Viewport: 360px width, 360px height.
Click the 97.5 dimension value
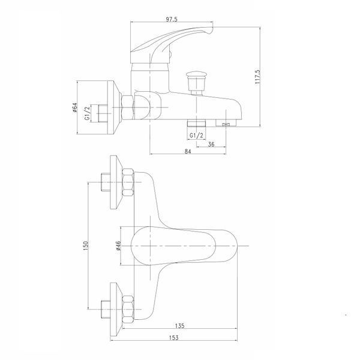(172, 19)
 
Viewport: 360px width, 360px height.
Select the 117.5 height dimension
(257, 77)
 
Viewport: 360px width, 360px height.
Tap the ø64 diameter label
(74, 107)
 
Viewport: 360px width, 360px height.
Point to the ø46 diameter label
(118, 245)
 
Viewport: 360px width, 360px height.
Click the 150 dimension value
(85, 245)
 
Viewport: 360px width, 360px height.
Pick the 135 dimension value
(180, 326)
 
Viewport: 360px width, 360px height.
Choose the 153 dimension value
(174, 338)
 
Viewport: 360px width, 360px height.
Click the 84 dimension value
(188, 151)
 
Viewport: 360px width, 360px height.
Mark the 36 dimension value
(211, 144)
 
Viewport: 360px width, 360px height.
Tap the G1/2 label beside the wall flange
(87, 113)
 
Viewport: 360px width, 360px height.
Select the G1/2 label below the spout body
(197, 136)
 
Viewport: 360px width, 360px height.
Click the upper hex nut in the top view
(128, 182)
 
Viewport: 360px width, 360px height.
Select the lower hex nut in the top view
(128, 310)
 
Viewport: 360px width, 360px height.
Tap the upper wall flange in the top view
(115, 182)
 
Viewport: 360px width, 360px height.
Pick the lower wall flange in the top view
(115, 309)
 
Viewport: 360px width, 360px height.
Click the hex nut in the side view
(127, 107)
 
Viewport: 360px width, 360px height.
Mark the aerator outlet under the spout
(226, 123)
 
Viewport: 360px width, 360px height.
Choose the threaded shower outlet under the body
(197, 123)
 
